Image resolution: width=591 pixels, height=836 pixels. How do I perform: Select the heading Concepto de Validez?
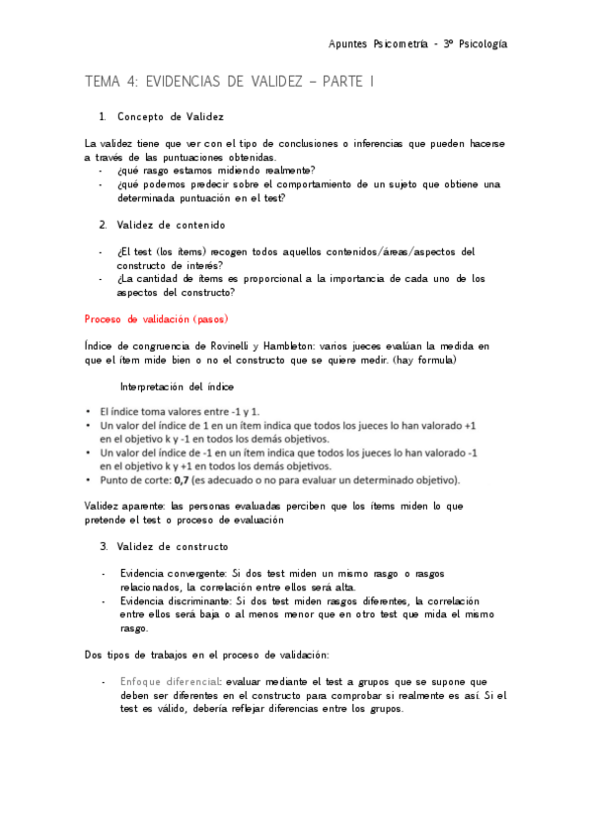tap(170, 117)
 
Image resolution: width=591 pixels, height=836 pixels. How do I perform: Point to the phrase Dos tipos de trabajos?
tap(139, 655)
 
